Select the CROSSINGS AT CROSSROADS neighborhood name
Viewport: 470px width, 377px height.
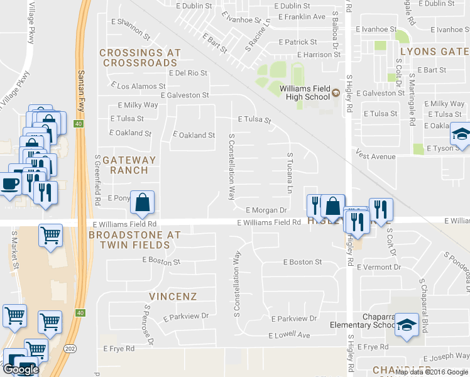(140, 58)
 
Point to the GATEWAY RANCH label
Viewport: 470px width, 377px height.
(126, 165)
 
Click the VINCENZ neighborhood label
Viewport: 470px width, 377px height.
(173, 296)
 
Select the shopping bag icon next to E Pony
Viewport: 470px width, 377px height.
(143, 203)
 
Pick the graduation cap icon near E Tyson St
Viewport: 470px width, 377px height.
(461, 134)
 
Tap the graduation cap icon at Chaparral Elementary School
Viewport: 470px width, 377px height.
(406, 325)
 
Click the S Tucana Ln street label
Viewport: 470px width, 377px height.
(290, 173)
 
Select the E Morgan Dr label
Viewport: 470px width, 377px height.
(266, 210)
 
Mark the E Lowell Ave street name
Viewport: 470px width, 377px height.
(290, 336)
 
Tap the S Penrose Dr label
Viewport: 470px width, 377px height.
(148, 324)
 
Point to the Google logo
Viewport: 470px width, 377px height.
(20, 369)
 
